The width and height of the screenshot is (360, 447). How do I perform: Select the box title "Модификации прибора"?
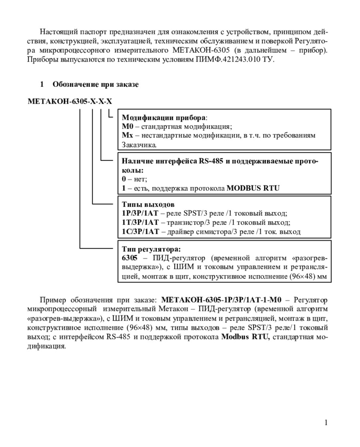pyautogui.click(x=164, y=118)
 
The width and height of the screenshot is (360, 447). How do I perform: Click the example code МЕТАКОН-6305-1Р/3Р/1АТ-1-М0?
pyautogui.click(x=221, y=300)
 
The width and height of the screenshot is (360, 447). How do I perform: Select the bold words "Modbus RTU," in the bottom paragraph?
pyautogui.click(x=246, y=337)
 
